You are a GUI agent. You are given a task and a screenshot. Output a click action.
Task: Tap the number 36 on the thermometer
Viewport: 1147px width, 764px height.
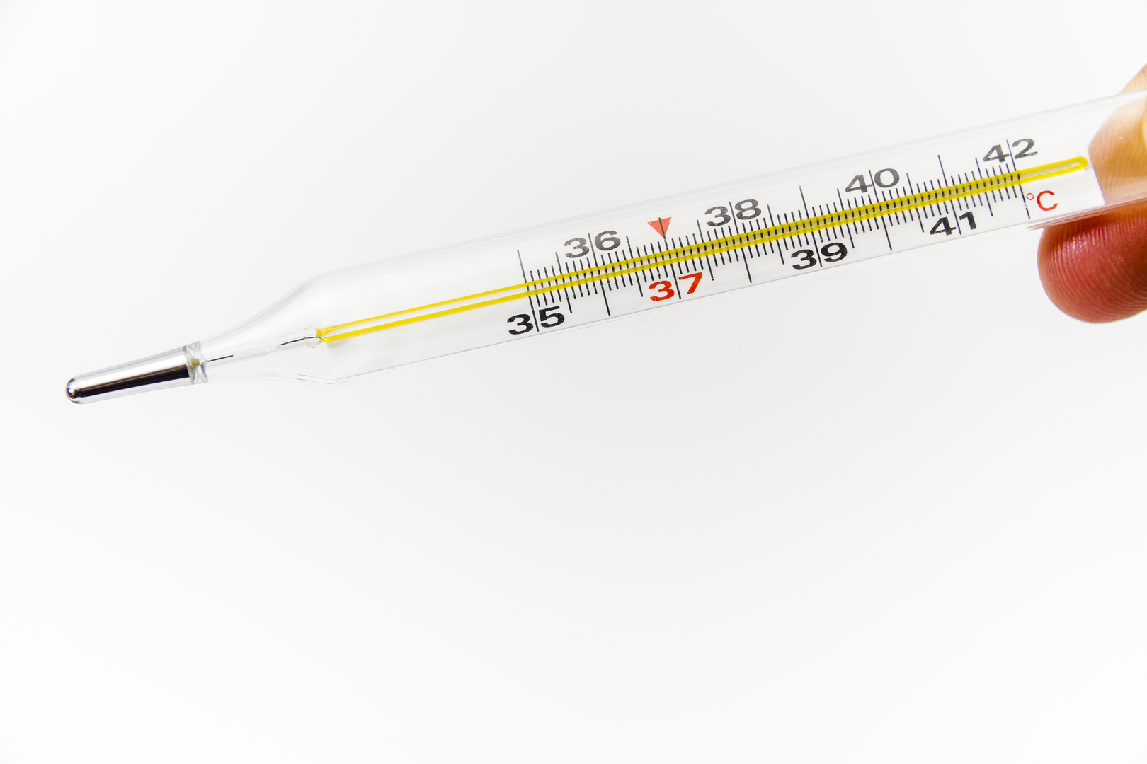point(592,245)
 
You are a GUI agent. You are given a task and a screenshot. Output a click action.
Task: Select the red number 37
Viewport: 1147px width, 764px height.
point(675,286)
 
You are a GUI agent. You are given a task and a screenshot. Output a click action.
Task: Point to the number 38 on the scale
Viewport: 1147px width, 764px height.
point(733,212)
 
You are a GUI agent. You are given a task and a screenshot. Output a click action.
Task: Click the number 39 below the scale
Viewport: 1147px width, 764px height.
point(819,255)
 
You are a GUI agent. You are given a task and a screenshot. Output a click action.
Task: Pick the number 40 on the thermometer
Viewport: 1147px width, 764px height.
point(872,180)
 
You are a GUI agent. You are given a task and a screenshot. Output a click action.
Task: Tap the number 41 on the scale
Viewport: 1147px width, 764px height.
point(954,223)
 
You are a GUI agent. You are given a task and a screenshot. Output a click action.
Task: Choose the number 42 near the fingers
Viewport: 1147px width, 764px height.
point(1010,151)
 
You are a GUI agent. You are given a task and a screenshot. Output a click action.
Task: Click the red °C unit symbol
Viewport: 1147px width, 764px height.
point(1042,201)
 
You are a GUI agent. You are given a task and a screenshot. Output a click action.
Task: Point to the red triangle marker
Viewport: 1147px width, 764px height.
point(660,226)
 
